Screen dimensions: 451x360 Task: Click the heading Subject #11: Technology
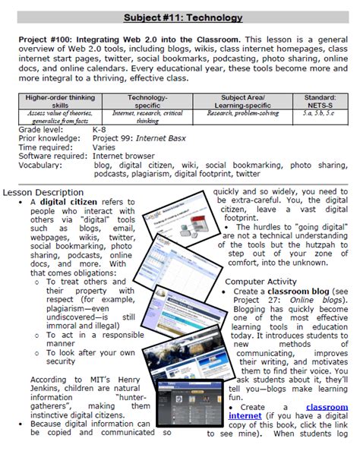click(179, 17)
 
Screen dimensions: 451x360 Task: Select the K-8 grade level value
click(99, 130)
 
